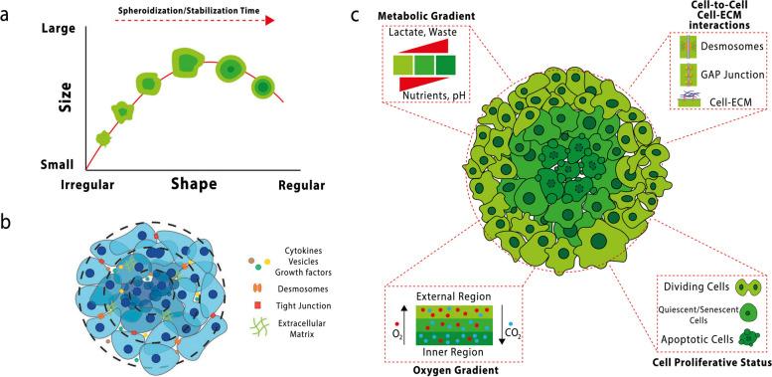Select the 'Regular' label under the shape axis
299,185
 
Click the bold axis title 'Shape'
194,185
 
